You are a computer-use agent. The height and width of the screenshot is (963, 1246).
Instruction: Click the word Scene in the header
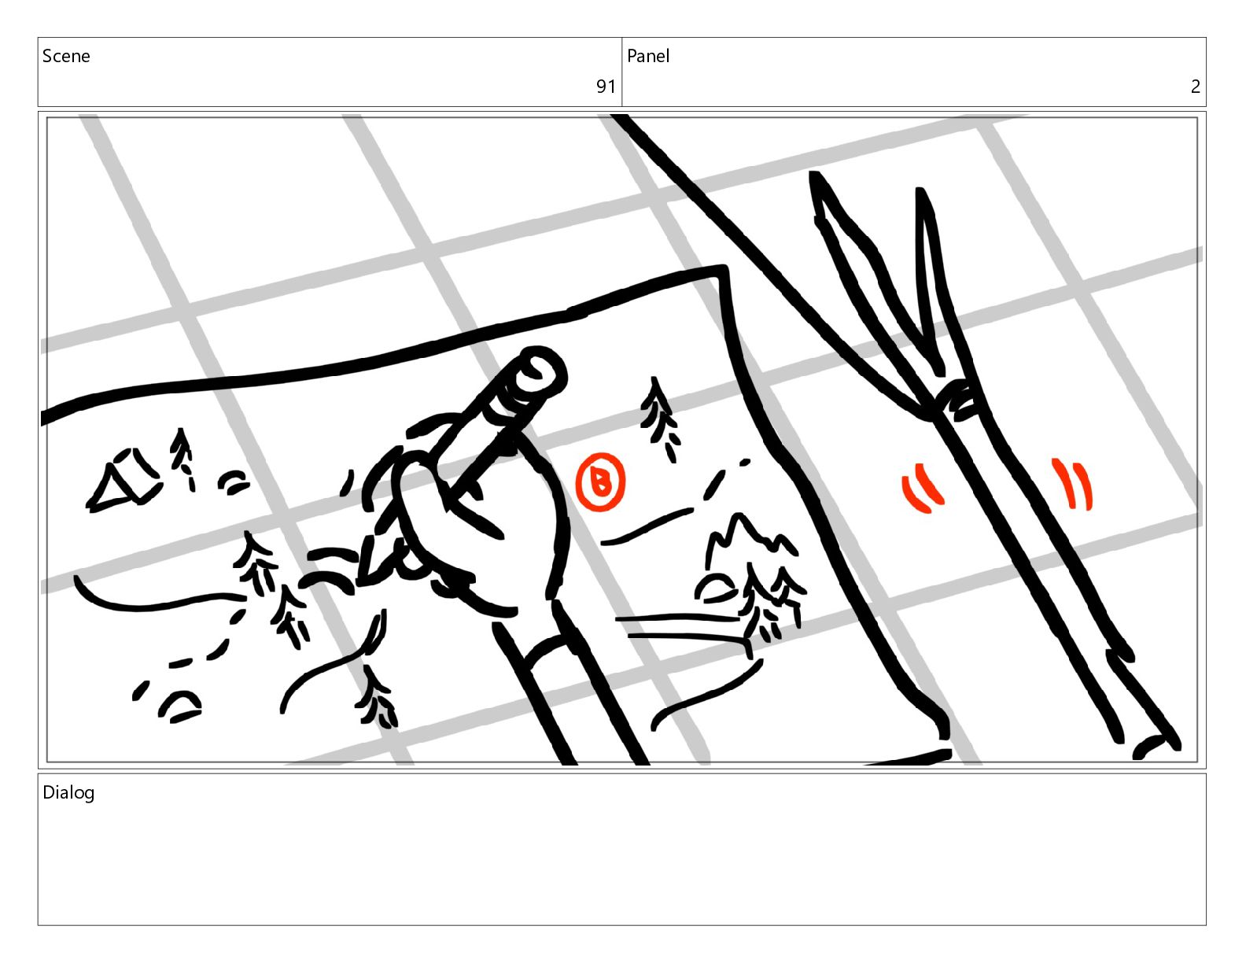click(66, 56)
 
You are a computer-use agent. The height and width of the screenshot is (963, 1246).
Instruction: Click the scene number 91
click(606, 87)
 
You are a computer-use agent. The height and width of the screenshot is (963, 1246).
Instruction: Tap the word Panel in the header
click(648, 56)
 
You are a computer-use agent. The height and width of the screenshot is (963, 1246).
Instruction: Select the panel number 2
click(1195, 87)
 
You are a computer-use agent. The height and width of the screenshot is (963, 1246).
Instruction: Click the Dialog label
click(68, 793)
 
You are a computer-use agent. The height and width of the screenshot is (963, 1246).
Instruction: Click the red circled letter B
click(600, 481)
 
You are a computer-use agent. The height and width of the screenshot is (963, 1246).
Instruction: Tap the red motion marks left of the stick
click(921, 488)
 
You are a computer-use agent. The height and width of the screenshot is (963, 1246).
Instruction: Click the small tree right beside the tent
click(183, 459)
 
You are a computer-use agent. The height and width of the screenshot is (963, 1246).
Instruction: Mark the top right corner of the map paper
click(724, 268)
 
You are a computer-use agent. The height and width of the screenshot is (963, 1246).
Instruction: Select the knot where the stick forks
click(955, 399)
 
